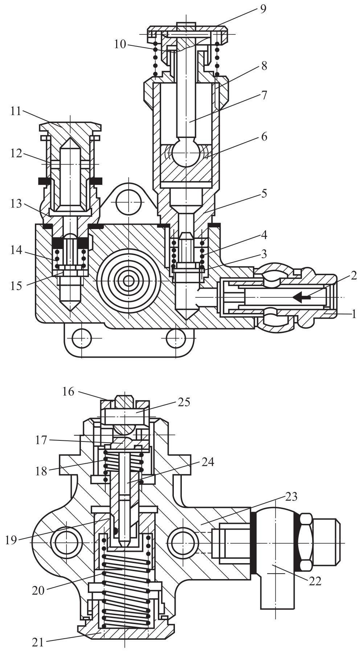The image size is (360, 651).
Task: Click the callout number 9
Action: coord(263,8)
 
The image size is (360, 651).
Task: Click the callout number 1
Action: coord(354,314)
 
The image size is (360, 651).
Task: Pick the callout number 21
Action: coord(38,642)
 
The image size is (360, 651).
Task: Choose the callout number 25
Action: coord(184,402)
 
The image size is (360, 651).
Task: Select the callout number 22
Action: coord(315,581)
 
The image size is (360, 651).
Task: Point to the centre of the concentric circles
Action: coord(128,281)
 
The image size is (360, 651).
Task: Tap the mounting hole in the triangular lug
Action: coord(128,202)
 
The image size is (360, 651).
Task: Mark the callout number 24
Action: coord(208,462)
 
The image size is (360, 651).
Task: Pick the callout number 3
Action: coord(264,253)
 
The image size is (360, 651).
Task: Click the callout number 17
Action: coord(41,440)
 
